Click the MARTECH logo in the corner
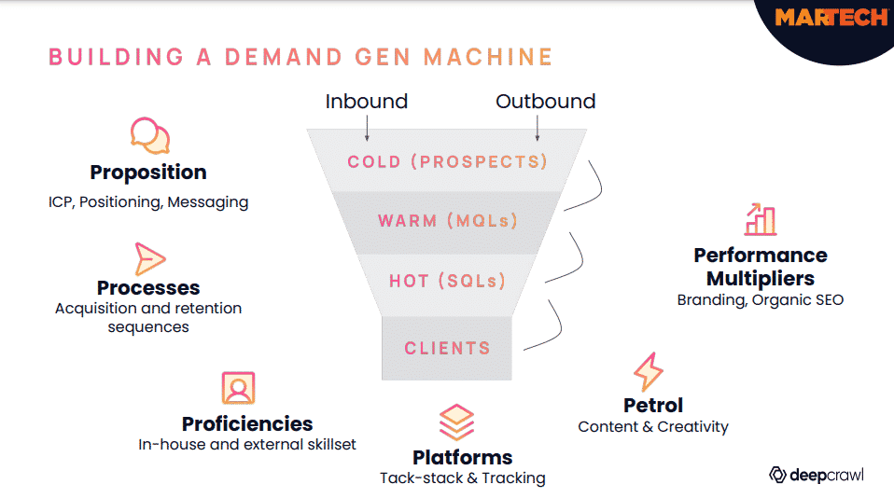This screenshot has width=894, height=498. [831, 18]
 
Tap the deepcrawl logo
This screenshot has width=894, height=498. [817, 475]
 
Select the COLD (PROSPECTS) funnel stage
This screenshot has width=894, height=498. [447, 161]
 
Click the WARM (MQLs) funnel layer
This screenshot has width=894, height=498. [447, 221]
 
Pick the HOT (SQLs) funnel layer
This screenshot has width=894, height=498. [447, 280]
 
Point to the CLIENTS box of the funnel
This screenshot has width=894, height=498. [447, 348]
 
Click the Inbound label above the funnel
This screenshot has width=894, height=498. [366, 102]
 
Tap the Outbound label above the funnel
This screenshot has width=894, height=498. [545, 102]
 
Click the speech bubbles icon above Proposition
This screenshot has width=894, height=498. [149, 136]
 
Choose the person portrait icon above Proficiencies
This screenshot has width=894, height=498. [238, 388]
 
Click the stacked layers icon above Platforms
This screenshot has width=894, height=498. [456, 422]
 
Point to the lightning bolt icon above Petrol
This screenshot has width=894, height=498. [648, 372]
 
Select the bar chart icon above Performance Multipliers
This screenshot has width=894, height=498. [761, 219]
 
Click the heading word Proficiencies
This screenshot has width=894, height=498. [247, 423]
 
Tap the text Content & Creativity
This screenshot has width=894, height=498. [653, 426]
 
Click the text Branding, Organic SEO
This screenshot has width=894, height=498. [760, 300]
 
